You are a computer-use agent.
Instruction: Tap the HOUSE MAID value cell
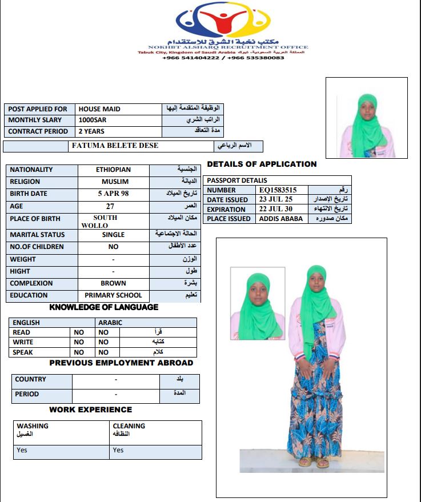click(x=99, y=109)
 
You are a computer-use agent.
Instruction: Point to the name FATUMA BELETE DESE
click(x=115, y=146)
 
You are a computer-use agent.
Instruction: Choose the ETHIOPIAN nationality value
click(x=113, y=170)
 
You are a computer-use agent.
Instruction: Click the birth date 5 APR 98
click(x=113, y=194)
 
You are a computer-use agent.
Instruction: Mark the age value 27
click(x=113, y=206)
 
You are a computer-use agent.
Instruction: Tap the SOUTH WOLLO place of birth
click(x=105, y=222)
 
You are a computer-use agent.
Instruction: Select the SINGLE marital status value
click(x=113, y=235)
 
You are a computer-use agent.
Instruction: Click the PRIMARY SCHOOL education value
click(x=113, y=295)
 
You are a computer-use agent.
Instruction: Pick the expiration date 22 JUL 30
click(x=275, y=209)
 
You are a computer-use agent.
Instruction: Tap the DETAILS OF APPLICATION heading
click(x=262, y=164)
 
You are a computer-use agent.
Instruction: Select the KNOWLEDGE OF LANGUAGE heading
click(x=104, y=307)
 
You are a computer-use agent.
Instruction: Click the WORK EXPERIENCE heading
click(x=90, y=409)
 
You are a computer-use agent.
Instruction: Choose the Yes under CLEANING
click(x=118, y=450)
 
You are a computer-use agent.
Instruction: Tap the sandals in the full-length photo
click(x=314, y=461)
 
